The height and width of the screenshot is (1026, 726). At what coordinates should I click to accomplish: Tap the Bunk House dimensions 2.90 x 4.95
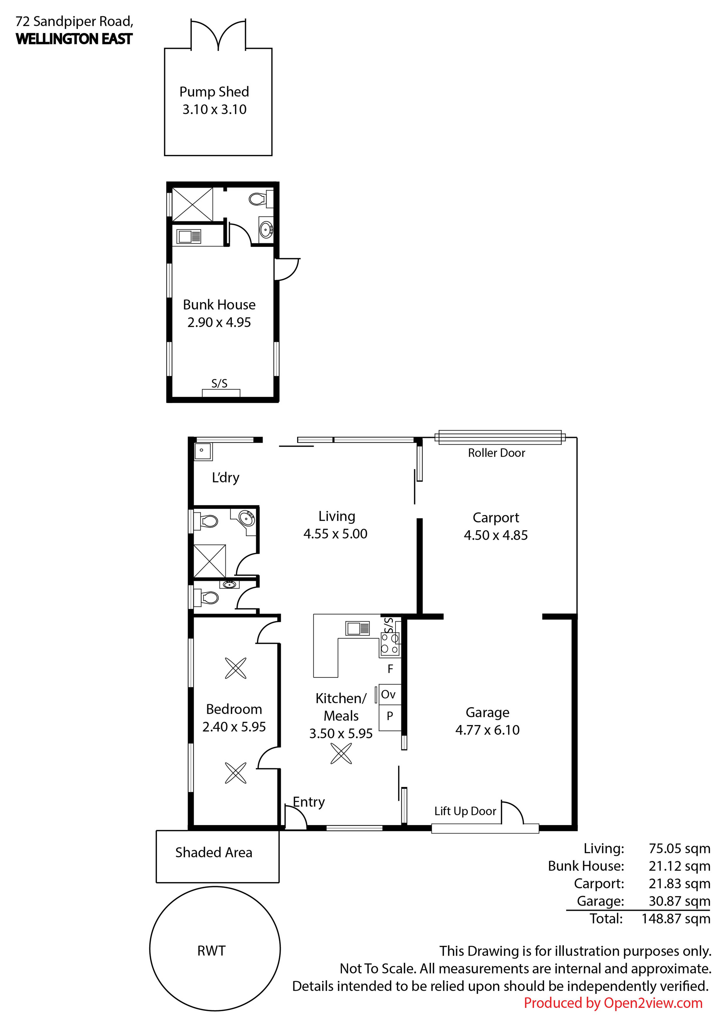click(219, 322)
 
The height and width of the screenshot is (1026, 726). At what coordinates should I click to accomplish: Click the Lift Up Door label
click(465, 811)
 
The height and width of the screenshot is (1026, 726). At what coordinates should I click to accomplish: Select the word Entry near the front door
click(309, 802)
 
